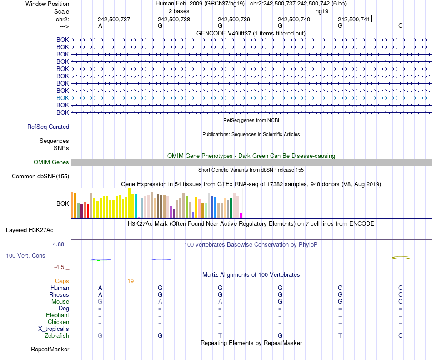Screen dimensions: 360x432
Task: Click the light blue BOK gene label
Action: pyautogui.click(x=63, y=98)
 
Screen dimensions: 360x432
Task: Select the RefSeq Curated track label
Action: pyautogui.click(x=48, y=127)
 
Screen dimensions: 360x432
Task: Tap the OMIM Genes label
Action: pyautogui.click(x=51, y=162)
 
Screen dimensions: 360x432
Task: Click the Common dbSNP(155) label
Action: pyautogui.click(x=40, y=177)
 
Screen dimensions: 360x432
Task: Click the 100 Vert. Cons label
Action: pyautogui.click(x=25, y=256)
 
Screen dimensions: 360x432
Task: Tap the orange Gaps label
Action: pyautogui.click(x=62, y=281)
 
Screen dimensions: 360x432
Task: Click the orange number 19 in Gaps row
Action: pyautogui.click(x=131, y=281)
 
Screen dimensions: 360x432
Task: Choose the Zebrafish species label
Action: pyautogui.click(x=57, y=336)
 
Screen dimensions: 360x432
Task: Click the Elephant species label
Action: pyautogui.click(x=57, y=315)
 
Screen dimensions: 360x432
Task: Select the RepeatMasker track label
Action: pyautogui.click(x=50, y=350)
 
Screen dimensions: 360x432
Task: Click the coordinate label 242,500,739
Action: pyautogui.click(x=234, y=20)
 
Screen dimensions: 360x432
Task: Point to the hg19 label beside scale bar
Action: pyautogui.click(x=322, y=11)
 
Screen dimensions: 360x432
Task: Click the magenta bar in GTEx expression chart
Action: pyautogui.click(x=241, y=215)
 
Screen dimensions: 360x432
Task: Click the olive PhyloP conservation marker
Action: pyautogui.click(x=401, y=258)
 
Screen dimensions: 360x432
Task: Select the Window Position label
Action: pyautogui.click(x=47, y=4)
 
